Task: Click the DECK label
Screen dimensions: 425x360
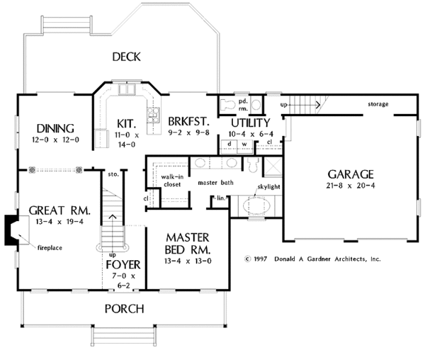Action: click(x=127, y=57)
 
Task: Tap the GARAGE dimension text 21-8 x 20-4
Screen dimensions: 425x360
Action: click(x=351, y=186)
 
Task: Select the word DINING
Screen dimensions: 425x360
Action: click(x=55, y=128)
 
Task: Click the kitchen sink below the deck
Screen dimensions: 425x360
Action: click(x=127, y=89)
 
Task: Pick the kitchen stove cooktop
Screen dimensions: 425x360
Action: click(x=153, y=116)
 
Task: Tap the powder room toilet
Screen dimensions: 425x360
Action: click(x=228, y=105)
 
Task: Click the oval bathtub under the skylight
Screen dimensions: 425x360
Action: click(x=256, y=206)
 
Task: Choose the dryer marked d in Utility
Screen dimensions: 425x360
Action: click(x=229, y=147)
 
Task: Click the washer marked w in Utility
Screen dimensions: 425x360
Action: click(x=245, y=147)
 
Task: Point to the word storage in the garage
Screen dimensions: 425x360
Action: click(x=378, y=104)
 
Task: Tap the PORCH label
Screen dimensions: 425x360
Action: click(x=125, y=309)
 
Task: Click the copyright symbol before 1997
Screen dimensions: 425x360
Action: click(x=247, y=259)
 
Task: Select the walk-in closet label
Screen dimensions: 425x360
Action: click(x=172, y=181)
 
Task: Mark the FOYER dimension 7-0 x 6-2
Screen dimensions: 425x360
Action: click(x=123, y=281)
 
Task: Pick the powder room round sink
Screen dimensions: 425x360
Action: click(x=256, y=104)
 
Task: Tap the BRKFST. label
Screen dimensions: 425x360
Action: click(x=189, y=122)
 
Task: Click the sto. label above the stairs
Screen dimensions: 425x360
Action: click(x=113, y=174)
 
